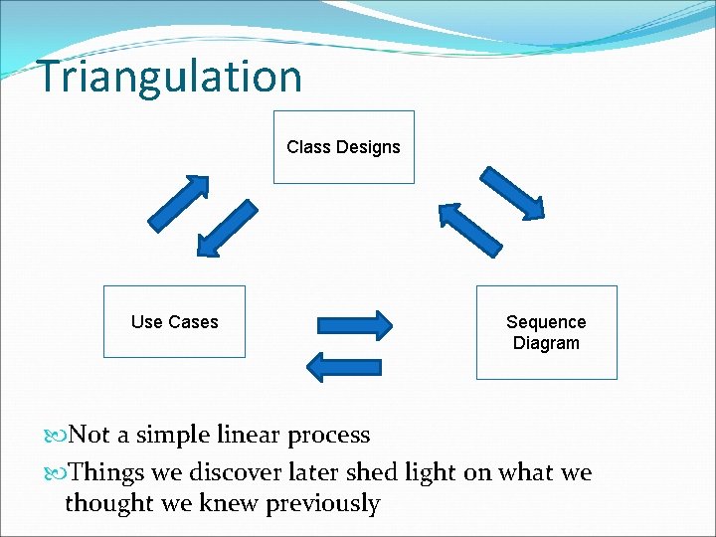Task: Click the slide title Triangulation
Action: [x=169, y=77]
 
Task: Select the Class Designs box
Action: [x=343, y=147]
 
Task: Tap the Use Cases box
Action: [x=174, y=321]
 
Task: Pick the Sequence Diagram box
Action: [x=546, y=332]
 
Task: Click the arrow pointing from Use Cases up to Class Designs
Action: [x=179, y=202]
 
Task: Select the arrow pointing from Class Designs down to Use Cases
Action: [x=227, y=228]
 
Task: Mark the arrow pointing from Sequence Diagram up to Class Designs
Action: [x=470, y=230]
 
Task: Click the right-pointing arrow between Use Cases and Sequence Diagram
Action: [x=354, y=325]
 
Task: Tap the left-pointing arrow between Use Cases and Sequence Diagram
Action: [x=343, y=367]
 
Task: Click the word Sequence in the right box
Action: [x=546, y=322]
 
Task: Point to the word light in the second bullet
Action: [x=424, y=472]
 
